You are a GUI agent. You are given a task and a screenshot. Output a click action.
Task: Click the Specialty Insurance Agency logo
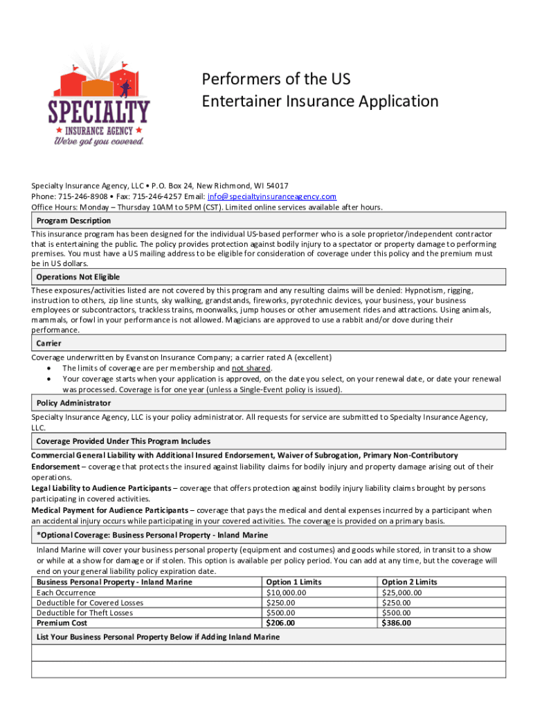[x=98, y=97]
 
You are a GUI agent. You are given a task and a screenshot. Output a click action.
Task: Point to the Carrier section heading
[x=48, y=343]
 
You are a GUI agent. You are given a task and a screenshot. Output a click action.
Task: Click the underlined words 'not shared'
[x=251, y=369]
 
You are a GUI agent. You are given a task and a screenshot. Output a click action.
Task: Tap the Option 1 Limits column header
[x=293, y=582]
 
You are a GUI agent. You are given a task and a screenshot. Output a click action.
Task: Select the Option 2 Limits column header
[x=409, y=582]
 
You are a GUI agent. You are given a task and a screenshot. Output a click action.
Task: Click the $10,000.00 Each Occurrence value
[x=286, y=593]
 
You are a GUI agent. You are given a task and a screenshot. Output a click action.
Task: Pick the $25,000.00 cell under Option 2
[x=401, y=593]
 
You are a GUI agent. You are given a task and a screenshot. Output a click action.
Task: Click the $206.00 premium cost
[x=280, y=623]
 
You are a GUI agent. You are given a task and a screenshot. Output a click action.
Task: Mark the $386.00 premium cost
[x=396, y=623]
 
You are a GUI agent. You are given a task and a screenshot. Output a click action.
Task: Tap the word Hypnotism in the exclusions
[x=426, y=290]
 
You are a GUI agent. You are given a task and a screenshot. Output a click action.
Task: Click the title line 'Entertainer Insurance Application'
[x=320, y=102]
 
